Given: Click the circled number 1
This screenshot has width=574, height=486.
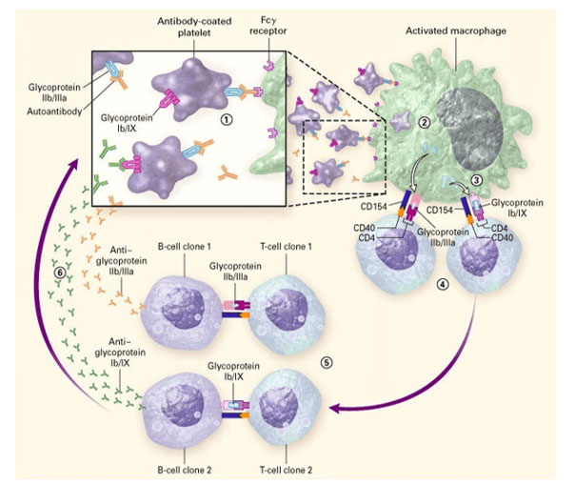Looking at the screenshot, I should [x=225, y=121].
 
